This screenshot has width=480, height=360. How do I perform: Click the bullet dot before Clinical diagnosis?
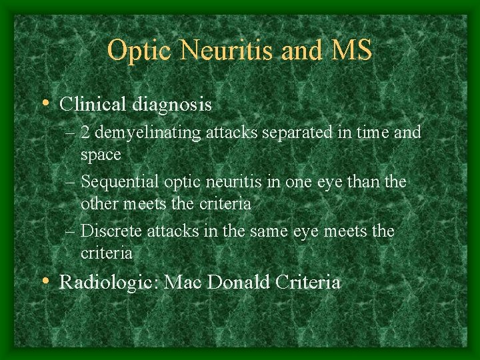pyautogui.click(x=44, y=104)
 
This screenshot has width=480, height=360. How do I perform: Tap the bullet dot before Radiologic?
pyautogui.click(x=44, y=281)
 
